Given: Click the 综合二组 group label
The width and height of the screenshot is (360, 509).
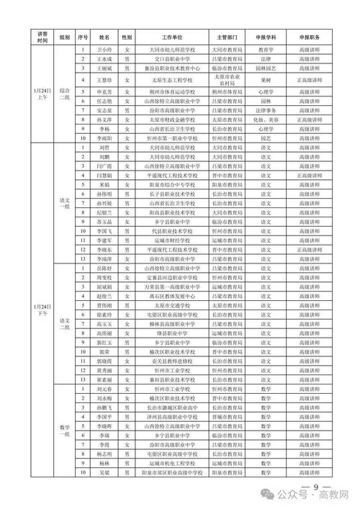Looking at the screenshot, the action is [66, 96].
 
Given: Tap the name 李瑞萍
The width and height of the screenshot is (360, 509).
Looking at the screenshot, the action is [104, 258].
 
